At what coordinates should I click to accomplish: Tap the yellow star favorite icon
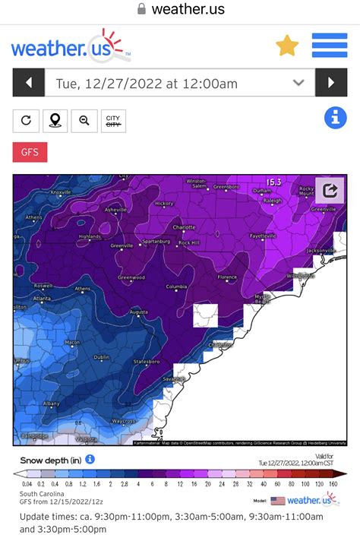pyautogui.click(x=287, y=46)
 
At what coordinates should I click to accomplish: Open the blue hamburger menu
pyautogui.click(x=330, y=46)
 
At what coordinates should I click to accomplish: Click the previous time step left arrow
pyautogui.click(x=28, y=83)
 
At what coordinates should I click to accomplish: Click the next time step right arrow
pyautogui.click(x=331, y=83)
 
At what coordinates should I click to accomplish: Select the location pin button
pyautogui.click(x=55, y=121)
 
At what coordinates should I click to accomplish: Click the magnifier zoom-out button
pyautogui.click(x=84, y=121)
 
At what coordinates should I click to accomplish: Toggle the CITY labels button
pyautogui.click(x=113, y=121)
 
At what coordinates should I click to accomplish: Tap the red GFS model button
pyautogui.click(x=30, y=152)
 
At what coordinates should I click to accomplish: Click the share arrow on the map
pyautogui.click(x=330, y=190)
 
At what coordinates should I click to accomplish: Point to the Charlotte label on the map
pyautogui.click(x=185, y=226)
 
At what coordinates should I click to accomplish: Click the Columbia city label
pyautogui.click(x=176, y=286)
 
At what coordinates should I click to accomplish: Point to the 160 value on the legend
pyautogui.click(x=333, y=483)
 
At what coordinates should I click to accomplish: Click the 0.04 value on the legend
pyautogui.click(x=27, y=483)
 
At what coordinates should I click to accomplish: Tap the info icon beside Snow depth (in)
pyautogui.click(x=90, y=459)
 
